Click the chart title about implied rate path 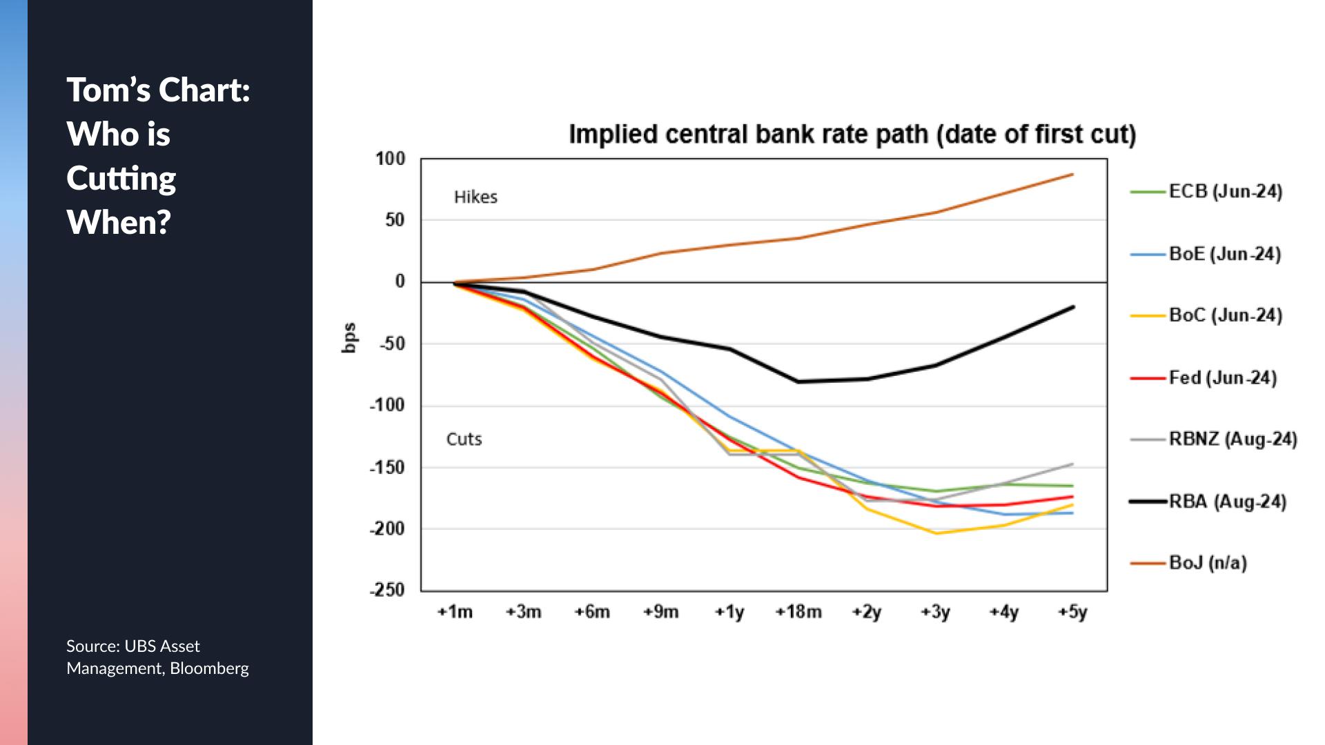[852, 135]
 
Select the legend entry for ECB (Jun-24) [1225, 191]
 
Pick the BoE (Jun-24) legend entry [1224, 254]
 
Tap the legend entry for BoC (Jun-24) [1225, 315]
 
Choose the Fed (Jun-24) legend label [1222, 377]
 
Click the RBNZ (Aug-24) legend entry [1233, 439]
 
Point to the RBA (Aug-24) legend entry [1227, 501]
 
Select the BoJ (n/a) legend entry [1208, 563]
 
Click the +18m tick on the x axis [798, 612]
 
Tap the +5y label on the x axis [1072, 612]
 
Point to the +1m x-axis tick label [455, 612]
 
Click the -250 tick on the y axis [387, 590]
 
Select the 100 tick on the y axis [390, 159]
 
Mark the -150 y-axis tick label [387, 467]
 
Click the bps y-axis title [350, 338]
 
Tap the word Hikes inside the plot [475, 197]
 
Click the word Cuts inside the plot [464, 439]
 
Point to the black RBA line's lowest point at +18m [798, 381]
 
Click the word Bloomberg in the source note [209, 668]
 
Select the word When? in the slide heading [119, 222]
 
